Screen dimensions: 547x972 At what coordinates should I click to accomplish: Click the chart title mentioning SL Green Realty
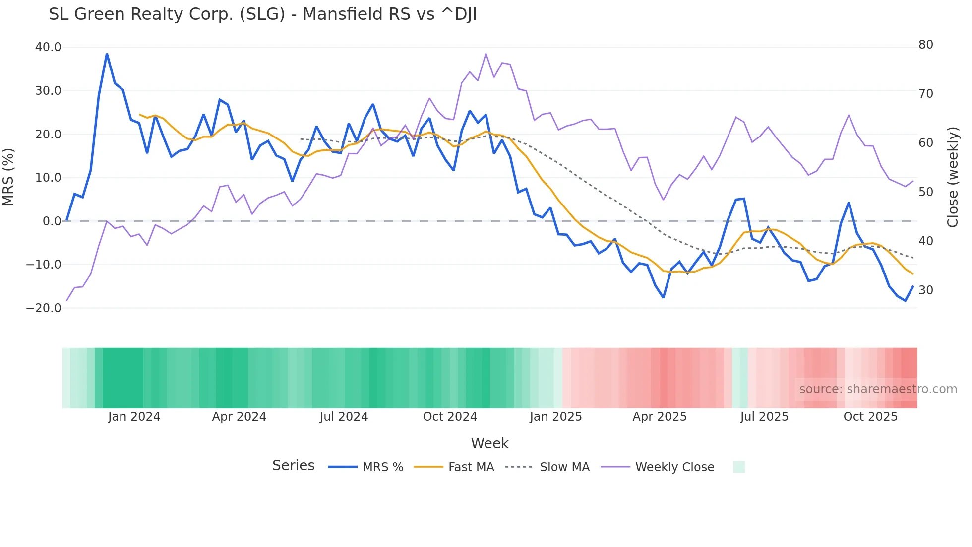tap(262, 14)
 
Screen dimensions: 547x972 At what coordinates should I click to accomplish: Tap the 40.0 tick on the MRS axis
tap(48, 47)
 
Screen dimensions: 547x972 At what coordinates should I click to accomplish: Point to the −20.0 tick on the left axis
tap(44, 308)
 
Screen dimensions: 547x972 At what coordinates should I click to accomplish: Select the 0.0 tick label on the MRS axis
tap(52, 221)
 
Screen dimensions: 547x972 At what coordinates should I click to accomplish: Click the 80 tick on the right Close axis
tap(925, 45)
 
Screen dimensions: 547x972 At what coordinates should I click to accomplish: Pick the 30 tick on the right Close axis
tap(925, 290)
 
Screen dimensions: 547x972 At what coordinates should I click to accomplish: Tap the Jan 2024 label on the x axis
tap(134, 417)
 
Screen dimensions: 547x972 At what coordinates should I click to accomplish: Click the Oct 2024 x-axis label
tap(450, 417)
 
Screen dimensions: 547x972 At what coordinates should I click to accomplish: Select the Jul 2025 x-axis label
tap(764, 417)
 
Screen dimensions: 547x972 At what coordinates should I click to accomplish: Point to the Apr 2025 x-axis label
tap(660, 417)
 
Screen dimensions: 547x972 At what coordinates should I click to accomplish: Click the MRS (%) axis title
tap(8, 177)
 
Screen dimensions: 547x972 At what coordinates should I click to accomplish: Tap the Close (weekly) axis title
tap(952, 177)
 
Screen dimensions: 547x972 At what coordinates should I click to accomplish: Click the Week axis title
tap(489, 443)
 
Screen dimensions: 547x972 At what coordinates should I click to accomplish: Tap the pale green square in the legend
tap(739, 467)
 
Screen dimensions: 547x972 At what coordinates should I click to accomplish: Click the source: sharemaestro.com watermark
tap(878, 389)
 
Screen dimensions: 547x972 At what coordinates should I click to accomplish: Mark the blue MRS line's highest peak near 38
tap(107, 54)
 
